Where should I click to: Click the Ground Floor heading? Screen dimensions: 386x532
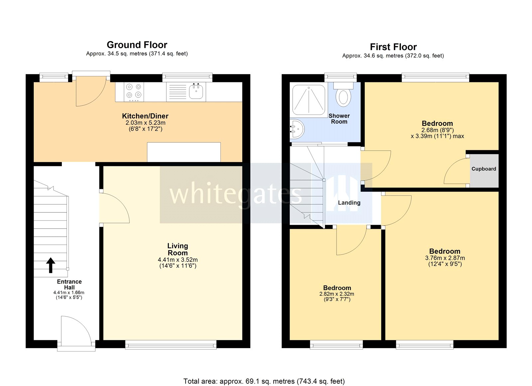click(137, 45)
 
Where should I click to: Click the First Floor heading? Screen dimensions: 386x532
click(393, 47)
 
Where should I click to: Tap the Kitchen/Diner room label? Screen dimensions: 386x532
click(145, 116)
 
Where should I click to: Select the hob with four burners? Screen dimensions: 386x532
click(134, 92)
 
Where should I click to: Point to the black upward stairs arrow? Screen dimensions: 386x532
click(51, 265)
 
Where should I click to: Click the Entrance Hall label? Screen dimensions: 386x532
click(69, 284)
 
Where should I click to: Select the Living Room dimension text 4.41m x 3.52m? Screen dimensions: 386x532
click(178, 260)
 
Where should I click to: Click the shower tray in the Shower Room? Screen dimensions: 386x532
click(309, 100)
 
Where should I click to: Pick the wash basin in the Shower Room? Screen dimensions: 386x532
click(297, 129)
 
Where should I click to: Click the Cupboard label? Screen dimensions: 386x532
click(483, 169)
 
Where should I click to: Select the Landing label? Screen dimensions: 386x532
click(349, 202)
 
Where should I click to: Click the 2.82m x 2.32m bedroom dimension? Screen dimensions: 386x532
click(336, 294)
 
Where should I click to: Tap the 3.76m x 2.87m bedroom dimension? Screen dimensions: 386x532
click(445, 258)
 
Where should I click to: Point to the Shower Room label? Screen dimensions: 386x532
click(339, 118)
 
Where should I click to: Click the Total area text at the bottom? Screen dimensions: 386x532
click(264, 381)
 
